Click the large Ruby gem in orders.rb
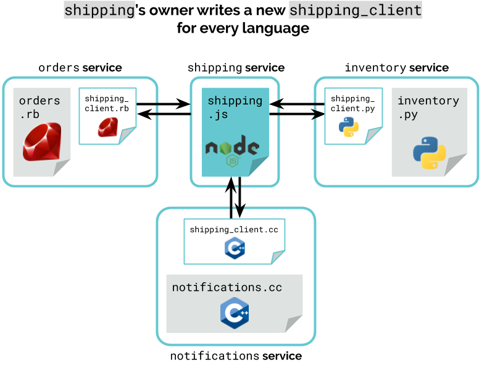(42, 141)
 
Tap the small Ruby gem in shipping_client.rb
(108, 127)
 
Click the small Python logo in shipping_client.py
(349, 127)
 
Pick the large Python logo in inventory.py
(430, 153)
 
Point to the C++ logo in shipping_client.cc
(235, 248)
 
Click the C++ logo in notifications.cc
(235, 313)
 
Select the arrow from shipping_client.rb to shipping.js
(164, 104)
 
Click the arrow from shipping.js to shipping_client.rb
(164, 114)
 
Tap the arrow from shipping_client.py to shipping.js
(297, 104)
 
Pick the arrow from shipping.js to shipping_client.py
(297, 114)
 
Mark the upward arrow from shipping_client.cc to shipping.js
(231, 198)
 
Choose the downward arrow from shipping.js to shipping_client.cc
(239, 198)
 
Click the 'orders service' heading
(80, 67)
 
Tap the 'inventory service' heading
(397, 67)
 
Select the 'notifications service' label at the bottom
(236, 356)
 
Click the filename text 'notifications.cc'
(227, 287)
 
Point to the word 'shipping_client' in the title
(356, 10)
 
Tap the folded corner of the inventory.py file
(456, 165)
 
